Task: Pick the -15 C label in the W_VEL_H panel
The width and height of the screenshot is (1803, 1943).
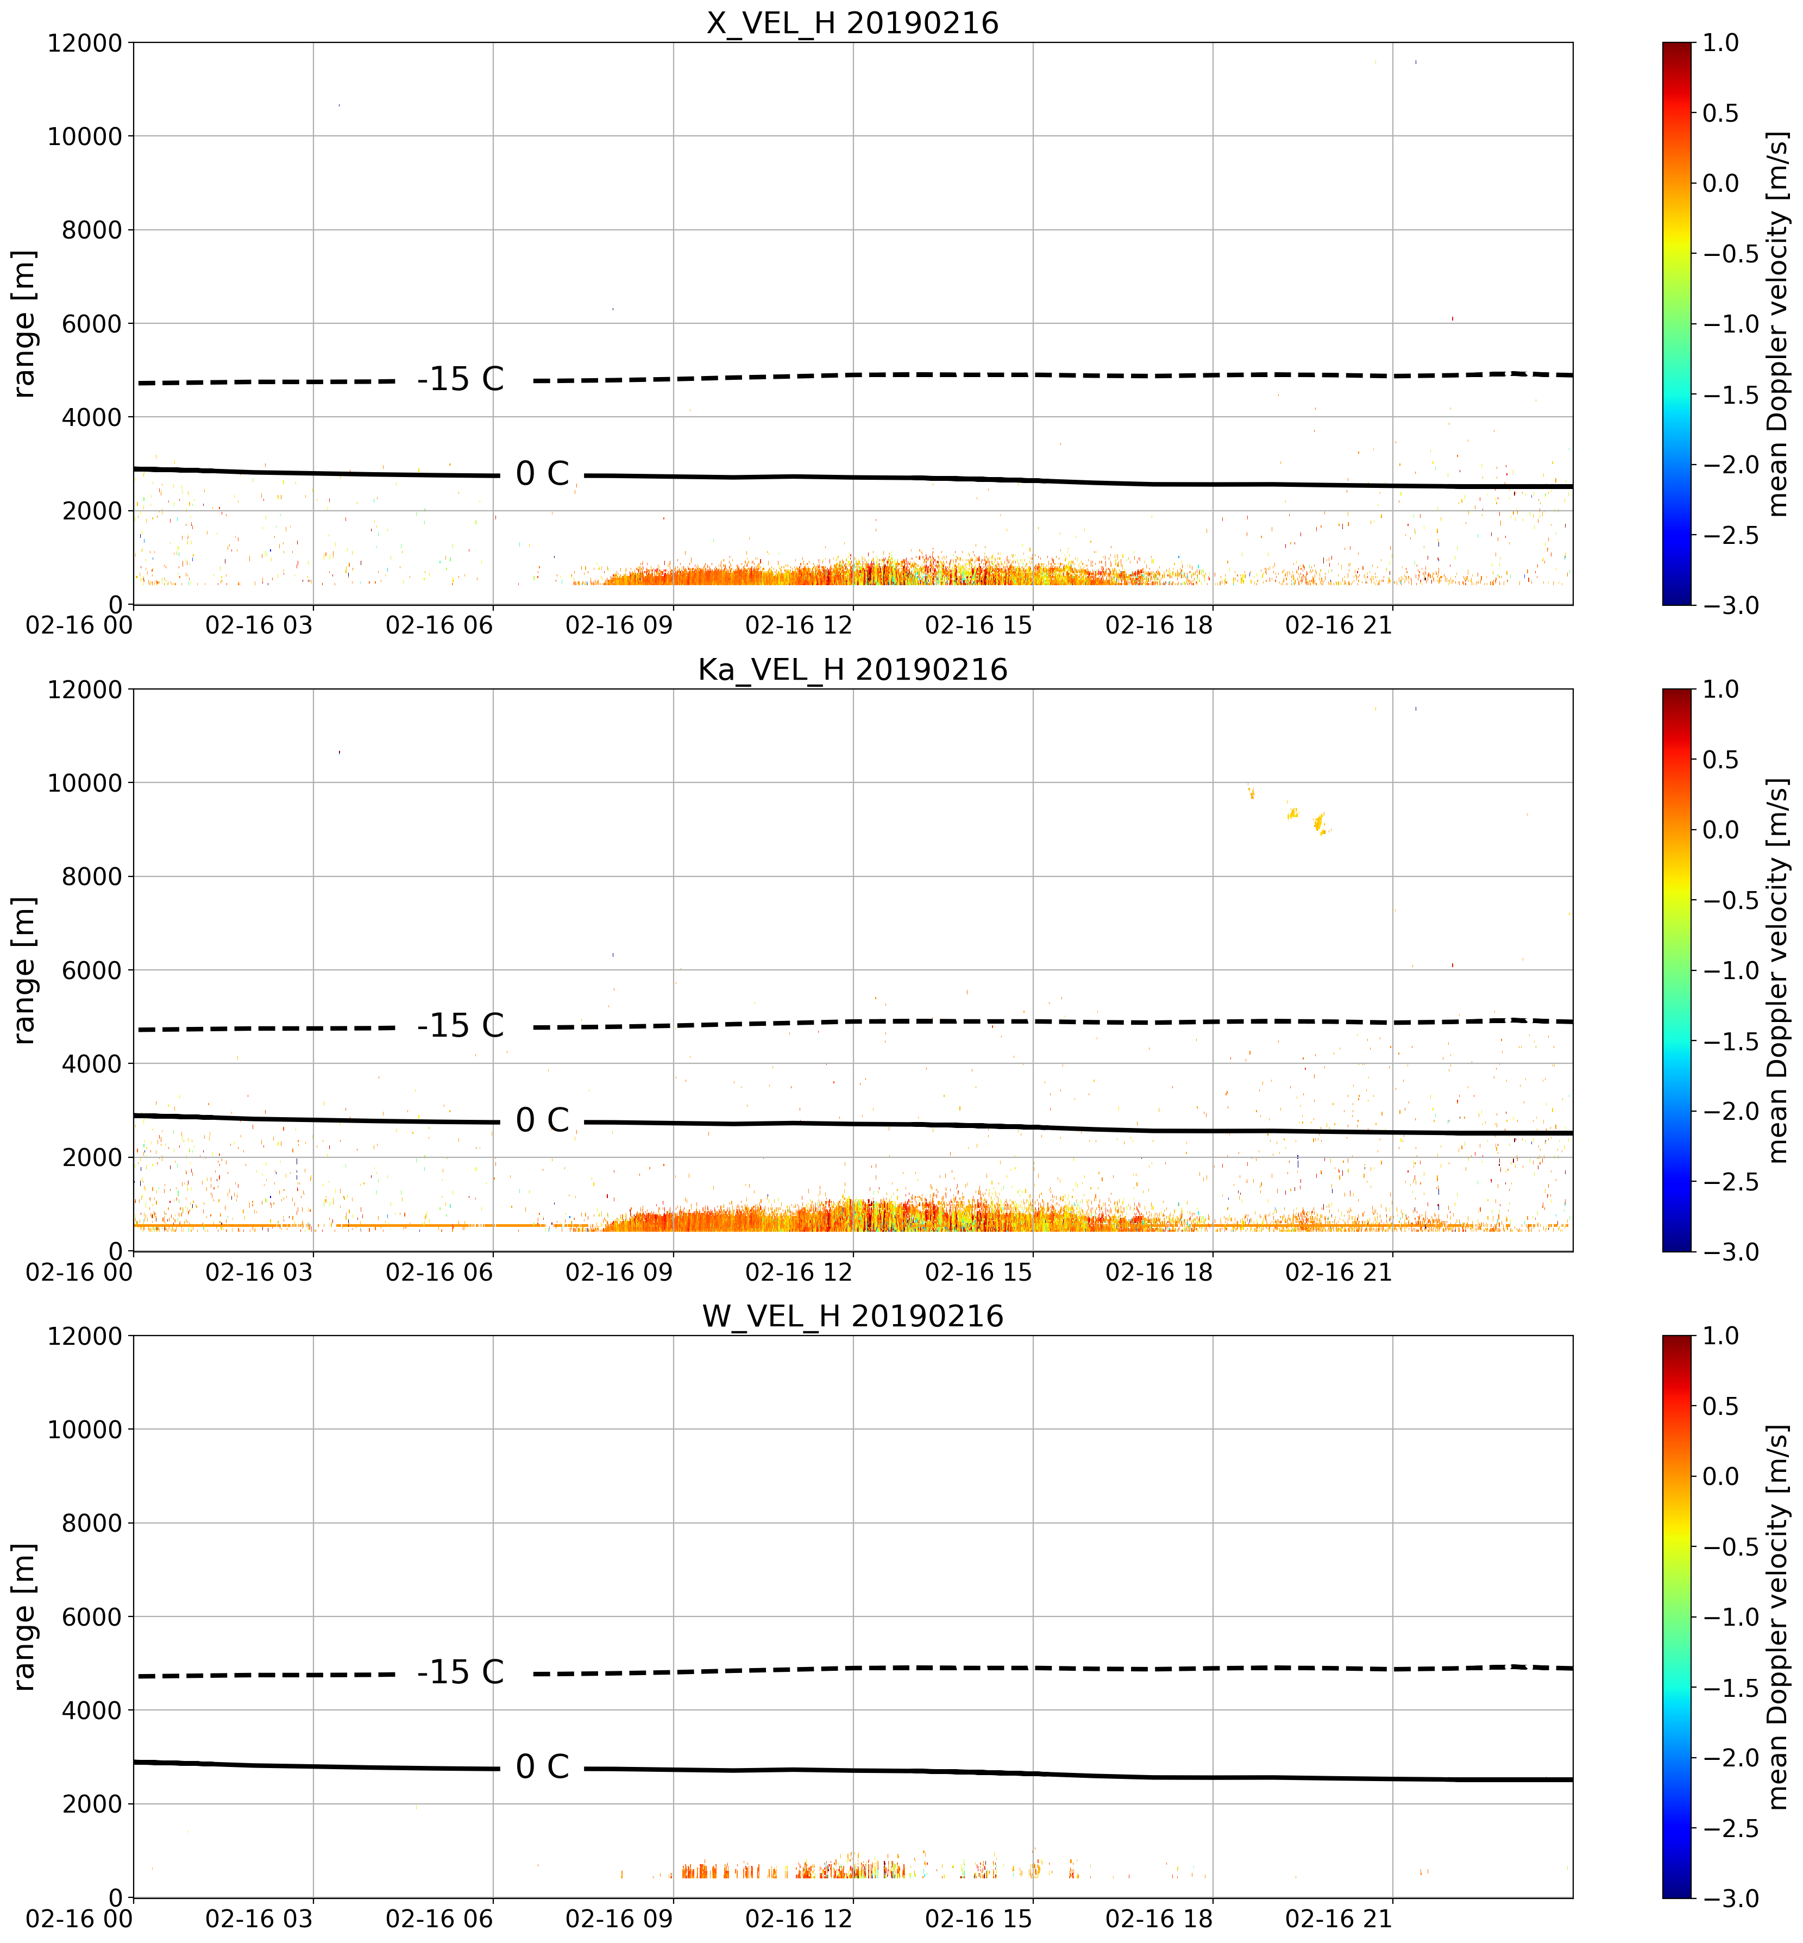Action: pyautogui.click(x=461, y=1672)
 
